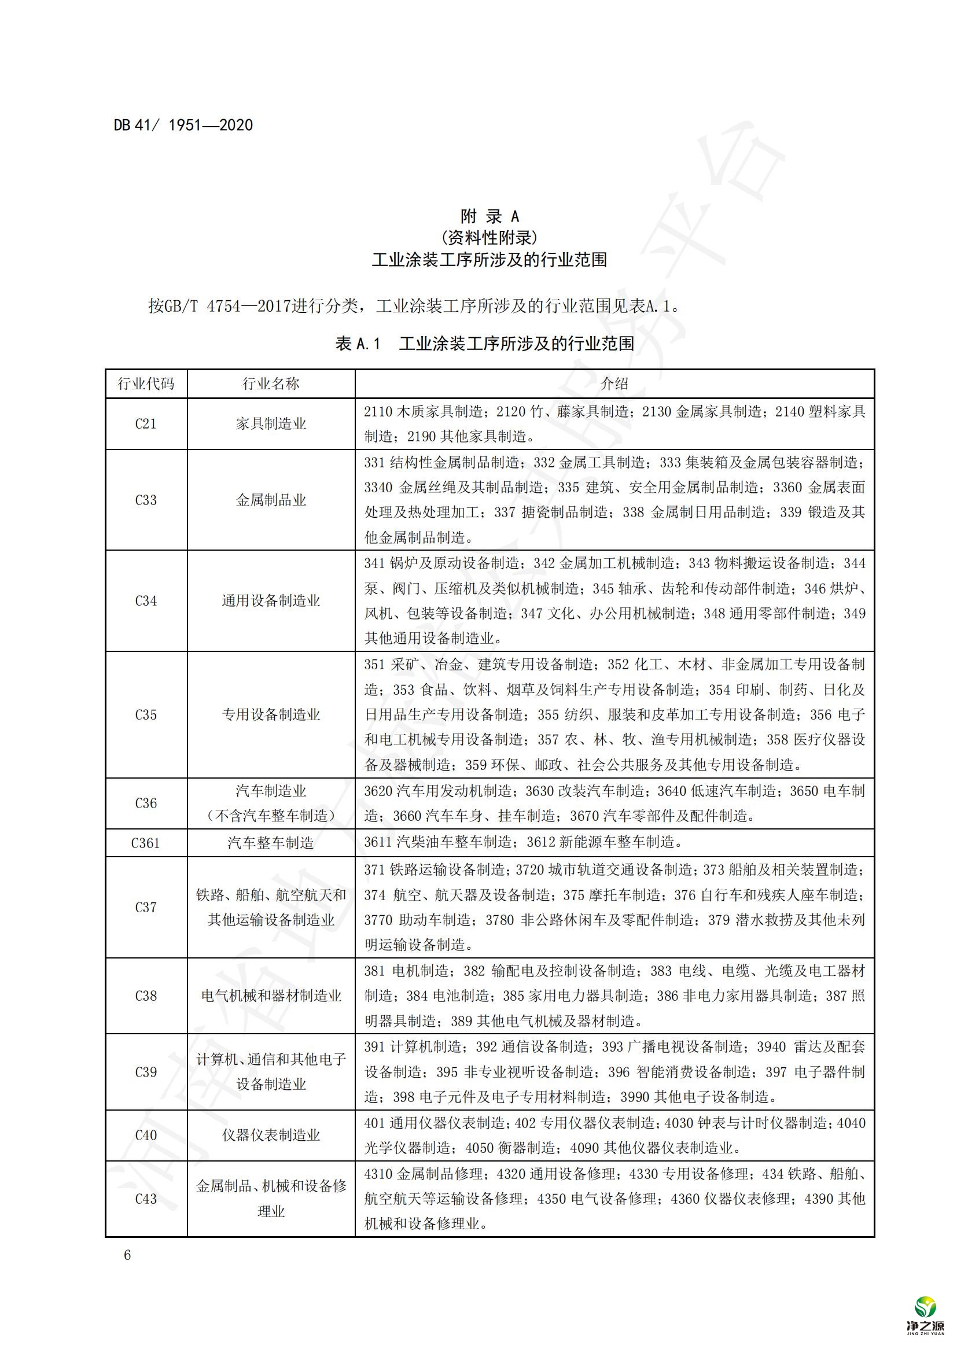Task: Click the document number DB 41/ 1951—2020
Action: [x=183, y=125]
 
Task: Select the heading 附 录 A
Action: [x=489, y=216]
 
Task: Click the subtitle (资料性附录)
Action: [x=489, y=238]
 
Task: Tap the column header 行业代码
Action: [x=146, y=384]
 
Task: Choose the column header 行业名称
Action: [x=271, y=384]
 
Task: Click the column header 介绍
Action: [x=614, y=384]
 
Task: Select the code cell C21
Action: [x=146, y=423]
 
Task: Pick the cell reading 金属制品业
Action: [x=271, y=500]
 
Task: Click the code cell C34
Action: [x=146, y=600]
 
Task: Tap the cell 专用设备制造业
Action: [x=271, y=714]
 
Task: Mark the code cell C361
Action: [x=146, y=843]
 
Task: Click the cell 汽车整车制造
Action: [x=271, y=843]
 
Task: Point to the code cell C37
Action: [x=146, y=907]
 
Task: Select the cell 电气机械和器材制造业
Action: [x=271, y=996]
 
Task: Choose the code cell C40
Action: [x=146, y=1135]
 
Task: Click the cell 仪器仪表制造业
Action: [x=271, y=1135]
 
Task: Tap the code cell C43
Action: [x=146, y=1199]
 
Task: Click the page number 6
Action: [x=127, y=1255]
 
